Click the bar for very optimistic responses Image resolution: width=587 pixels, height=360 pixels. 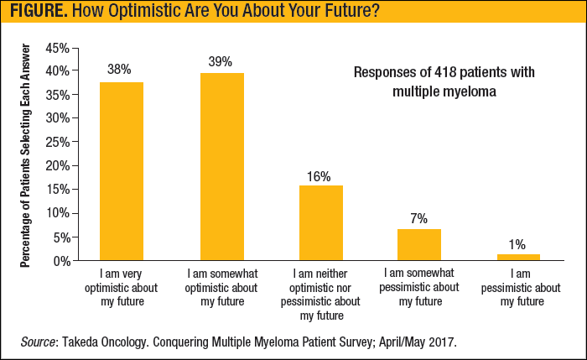[x=122, y=171]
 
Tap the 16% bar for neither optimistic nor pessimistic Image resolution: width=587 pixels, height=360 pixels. [x=320, y=222]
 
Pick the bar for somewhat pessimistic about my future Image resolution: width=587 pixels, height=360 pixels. [x=418, y=244]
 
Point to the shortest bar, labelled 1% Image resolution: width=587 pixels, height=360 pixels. [x=517, y=257]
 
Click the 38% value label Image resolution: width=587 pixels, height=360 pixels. [x=120, y=70]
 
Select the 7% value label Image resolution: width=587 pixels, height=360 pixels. [x=418, y=218]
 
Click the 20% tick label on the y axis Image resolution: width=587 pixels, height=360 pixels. [x=57, y=165]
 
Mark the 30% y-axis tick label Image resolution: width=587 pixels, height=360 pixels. [x=57, y=118]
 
